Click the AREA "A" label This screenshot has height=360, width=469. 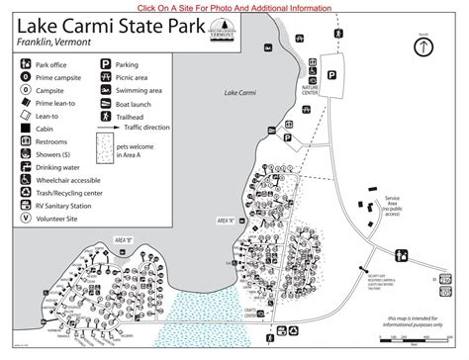[225, 220]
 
